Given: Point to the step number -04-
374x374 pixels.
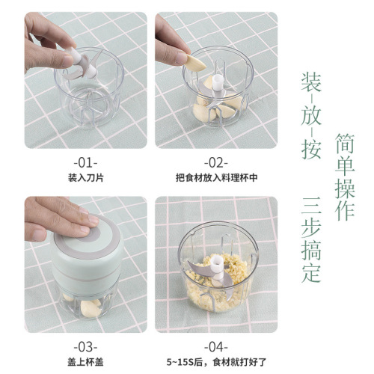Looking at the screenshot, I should [x=215, y=347].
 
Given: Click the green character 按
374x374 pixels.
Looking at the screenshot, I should [x=311, y=149].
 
